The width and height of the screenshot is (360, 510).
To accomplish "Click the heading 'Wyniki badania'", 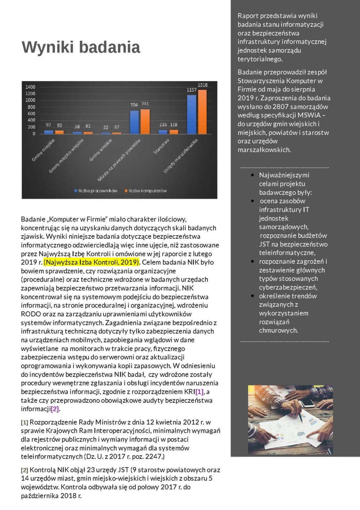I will click(x=81, y=47).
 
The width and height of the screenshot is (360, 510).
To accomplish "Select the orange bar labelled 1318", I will click(x=203, y=111).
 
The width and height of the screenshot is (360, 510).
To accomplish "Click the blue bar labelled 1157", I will click(x=192, y=114).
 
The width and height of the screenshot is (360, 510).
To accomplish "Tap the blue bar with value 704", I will click(x=134, y=122).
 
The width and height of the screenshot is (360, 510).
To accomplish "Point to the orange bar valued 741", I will click(x=145, y=121).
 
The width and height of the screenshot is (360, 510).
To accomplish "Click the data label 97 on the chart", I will click(x=49, y=125).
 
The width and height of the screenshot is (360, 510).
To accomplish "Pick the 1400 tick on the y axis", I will click(x=30, y=87).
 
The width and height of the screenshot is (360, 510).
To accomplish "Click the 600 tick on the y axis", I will click(x=31, y=113).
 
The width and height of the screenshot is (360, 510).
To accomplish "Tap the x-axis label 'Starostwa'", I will click(x=162, y=147).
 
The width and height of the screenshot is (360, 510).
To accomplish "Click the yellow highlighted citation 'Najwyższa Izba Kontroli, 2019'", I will click(x=91, y=262).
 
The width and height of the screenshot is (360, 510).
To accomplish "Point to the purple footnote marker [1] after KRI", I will click(x=199, y=392).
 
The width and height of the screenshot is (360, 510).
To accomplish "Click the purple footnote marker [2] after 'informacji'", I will click(x=55, y=409).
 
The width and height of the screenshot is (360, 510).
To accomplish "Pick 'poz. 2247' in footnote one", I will click(x=148, y=457).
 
